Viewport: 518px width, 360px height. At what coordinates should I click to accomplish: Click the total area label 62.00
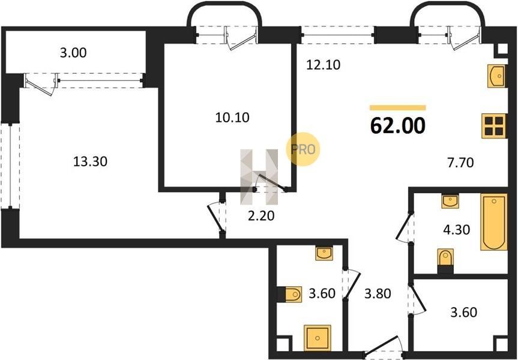(397, 125)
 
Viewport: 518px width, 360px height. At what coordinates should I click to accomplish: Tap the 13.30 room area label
(90, 161)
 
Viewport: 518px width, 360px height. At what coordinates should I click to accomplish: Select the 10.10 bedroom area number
(232, 117)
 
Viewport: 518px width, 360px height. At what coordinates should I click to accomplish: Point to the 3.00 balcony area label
(73, 53)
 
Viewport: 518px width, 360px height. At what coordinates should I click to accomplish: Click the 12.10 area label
(323, 65)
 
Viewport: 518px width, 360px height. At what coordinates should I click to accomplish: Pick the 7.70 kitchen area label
(460, 163)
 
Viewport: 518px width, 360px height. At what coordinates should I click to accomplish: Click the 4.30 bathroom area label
(457, 229)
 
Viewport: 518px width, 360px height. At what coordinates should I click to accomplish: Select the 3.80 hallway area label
(378, 293)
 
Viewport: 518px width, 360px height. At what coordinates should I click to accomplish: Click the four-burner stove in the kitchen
(494, 125)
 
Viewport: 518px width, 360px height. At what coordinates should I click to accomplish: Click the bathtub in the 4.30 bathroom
(494, 222)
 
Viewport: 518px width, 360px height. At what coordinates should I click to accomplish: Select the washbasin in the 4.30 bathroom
(450, 201)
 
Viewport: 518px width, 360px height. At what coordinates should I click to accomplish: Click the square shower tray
(318, 338)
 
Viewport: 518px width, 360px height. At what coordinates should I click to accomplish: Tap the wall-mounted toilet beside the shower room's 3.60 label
(289, 294)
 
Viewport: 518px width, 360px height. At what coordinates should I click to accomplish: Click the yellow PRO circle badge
(303, 149)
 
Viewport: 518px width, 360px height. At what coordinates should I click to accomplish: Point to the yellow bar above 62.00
(398, 107)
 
